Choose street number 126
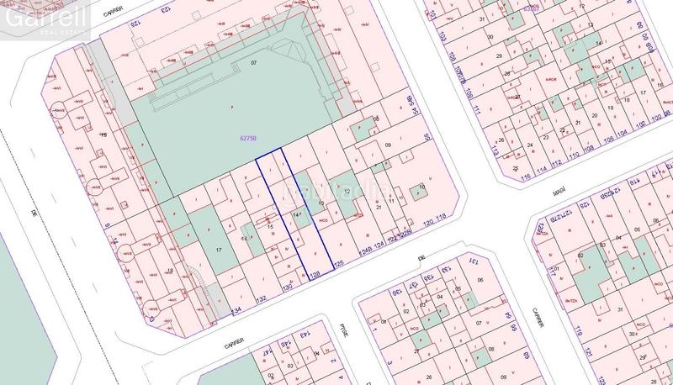[x=339, y=264]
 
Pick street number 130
[x=286, y=287]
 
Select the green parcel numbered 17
[x=219, y=251]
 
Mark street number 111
[x=476, y=110]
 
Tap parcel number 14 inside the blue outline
[x=296, y=217]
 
